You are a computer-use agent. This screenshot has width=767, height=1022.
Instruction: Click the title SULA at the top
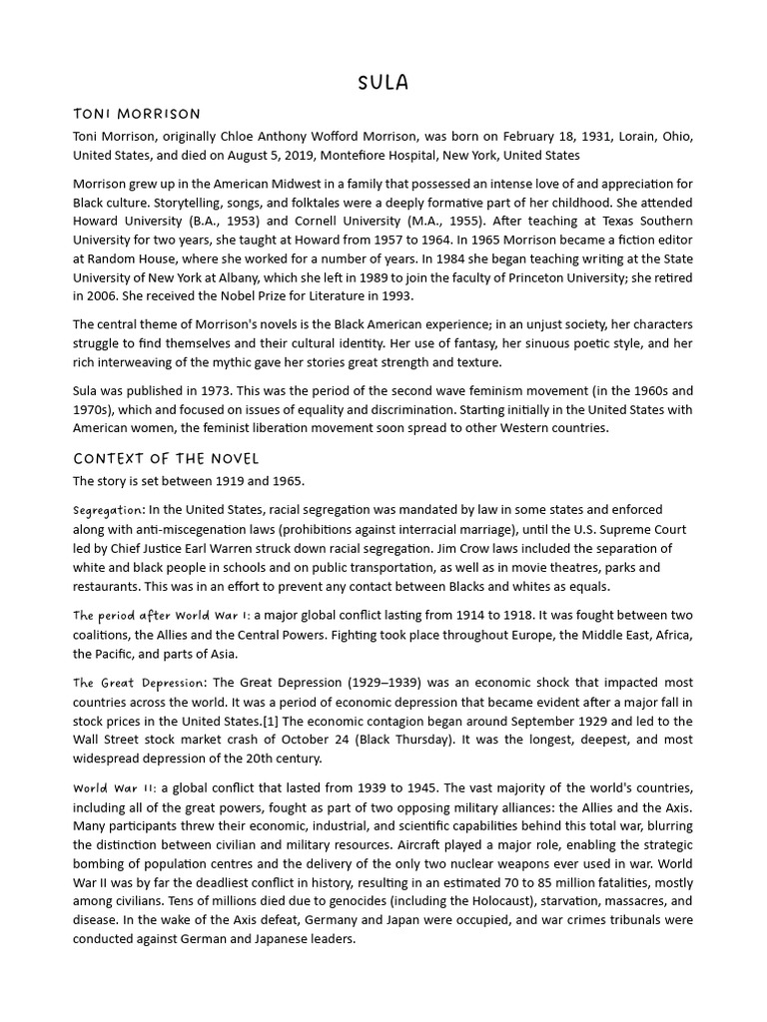tap(383, 82)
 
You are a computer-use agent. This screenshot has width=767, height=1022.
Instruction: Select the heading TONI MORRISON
tap(137, 114)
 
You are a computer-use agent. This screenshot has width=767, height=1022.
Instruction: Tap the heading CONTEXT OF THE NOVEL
tap(166, 459)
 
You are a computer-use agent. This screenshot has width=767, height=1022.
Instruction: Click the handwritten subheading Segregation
tap(109, 510)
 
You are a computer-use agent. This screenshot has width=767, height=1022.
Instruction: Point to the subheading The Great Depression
tap(140, 683)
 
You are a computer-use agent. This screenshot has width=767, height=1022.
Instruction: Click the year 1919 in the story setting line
tap(222, 481)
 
